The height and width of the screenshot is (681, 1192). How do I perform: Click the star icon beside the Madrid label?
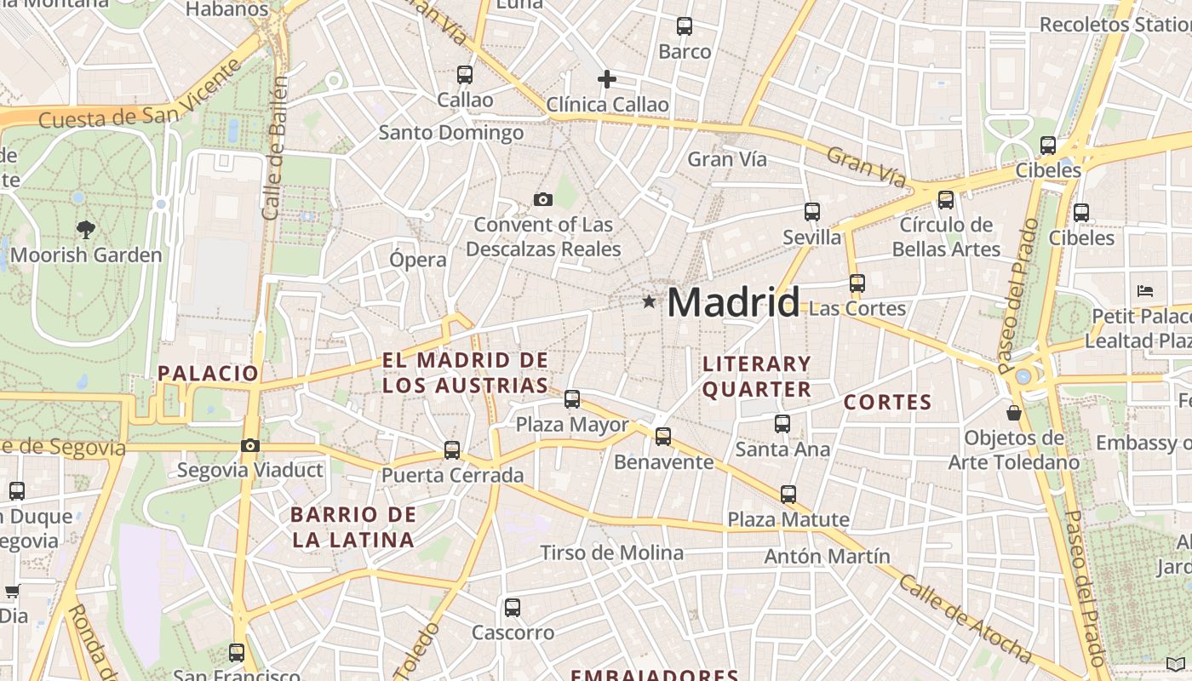click(x=650, y=301)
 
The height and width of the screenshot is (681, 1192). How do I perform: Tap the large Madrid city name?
click(x=733, y=302)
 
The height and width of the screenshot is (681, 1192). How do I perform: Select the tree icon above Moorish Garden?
click(x=85, y=229)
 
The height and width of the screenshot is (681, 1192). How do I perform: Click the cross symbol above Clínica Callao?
click(x=606, y=79)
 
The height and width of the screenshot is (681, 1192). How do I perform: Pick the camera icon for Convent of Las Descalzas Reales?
click(x=542, y=200)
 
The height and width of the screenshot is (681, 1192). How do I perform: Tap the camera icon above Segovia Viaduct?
click(x=249, y=445)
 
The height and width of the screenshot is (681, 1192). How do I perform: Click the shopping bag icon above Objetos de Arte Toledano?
click(x=1014, y=413)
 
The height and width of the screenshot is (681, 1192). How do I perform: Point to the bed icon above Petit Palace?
click(x=1145, y=291)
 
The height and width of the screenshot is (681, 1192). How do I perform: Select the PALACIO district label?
click(x=208, y=373)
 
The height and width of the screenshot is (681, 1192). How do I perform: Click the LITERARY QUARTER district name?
click(x=756, y=376)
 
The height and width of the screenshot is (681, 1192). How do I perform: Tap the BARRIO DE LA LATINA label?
click(x=352, y=527)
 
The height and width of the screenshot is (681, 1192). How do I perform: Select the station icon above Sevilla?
click(x=812, y=212)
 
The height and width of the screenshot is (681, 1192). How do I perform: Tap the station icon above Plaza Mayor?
click(x=572, y=398)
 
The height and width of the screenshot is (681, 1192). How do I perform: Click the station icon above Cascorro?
click(x=512, y=608)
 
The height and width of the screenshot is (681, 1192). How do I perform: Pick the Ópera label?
click(x=417, y=260)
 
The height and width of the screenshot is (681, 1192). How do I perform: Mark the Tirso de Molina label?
click(x=611, y=552)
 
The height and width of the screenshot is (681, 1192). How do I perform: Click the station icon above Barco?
click(x=684, y=26)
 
